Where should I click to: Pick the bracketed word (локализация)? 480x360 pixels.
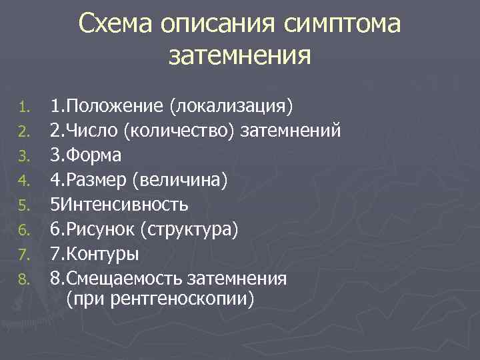[x=230, y=105]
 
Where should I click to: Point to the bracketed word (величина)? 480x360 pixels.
[x=180, y=179]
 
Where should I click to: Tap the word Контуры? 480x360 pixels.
[x=102, y=253]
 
